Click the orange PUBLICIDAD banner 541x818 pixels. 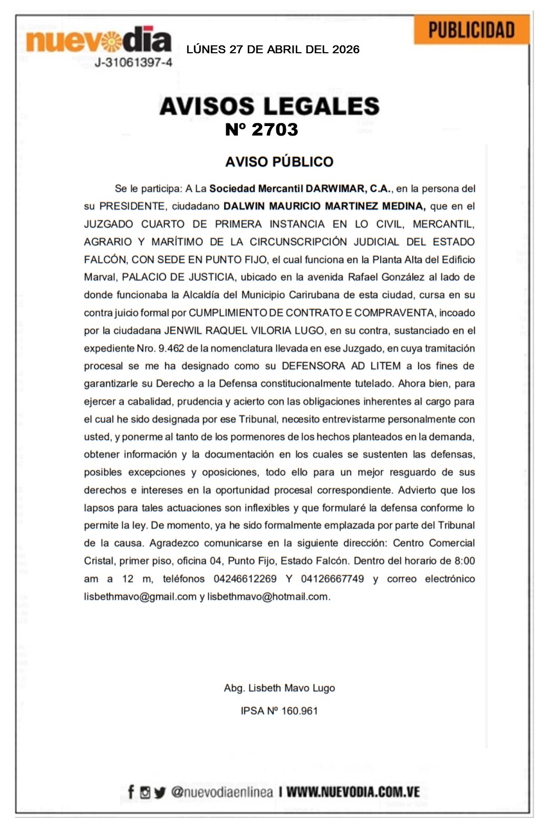(471, 30)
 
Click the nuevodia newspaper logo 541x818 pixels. (99, 41)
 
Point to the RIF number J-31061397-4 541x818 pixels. (133, 63)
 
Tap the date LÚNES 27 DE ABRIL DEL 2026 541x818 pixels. (273, 50)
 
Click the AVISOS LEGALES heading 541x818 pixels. (269, 106)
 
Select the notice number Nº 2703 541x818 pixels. (262, 130)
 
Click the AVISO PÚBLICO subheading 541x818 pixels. (279, 162)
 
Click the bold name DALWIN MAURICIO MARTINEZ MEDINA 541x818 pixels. (324, 206)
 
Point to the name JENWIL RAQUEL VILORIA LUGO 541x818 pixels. (244, 331)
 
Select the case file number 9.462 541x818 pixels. (171, 349)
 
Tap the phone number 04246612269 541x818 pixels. (245, 579)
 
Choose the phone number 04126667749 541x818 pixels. (332, 579)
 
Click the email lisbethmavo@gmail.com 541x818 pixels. (140, 597)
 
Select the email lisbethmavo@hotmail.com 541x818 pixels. (268, 597)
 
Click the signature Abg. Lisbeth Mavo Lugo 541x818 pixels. (279, 688)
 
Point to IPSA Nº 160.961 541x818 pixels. (279, 711)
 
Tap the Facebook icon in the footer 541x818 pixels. (131, 792)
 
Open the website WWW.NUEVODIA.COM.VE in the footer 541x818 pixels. (353, 792)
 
